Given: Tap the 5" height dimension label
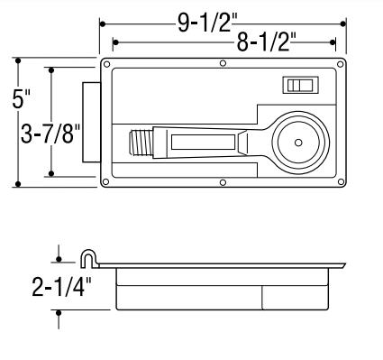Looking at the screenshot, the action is [x=21, y=98].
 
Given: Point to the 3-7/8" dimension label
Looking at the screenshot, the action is [x=50, y=134].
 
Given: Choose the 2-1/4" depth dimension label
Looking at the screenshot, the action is [x=61, y=288].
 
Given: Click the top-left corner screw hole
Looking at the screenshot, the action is [x=106, y=64].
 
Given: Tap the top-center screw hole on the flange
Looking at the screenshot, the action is [x=223, y=63].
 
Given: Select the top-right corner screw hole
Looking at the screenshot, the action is [x=340, y=64].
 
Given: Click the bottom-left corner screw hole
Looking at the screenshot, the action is [x=105, y=181].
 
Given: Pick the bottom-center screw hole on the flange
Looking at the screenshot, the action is [x=223, y=182].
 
